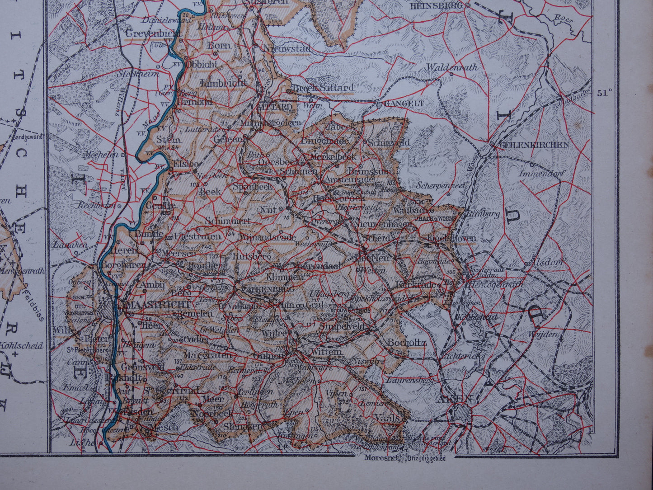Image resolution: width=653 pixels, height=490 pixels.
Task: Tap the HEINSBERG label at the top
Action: [436, 6]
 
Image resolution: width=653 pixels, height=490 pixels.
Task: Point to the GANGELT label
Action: [404, 104]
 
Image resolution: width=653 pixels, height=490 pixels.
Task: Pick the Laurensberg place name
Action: [409, 381]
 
